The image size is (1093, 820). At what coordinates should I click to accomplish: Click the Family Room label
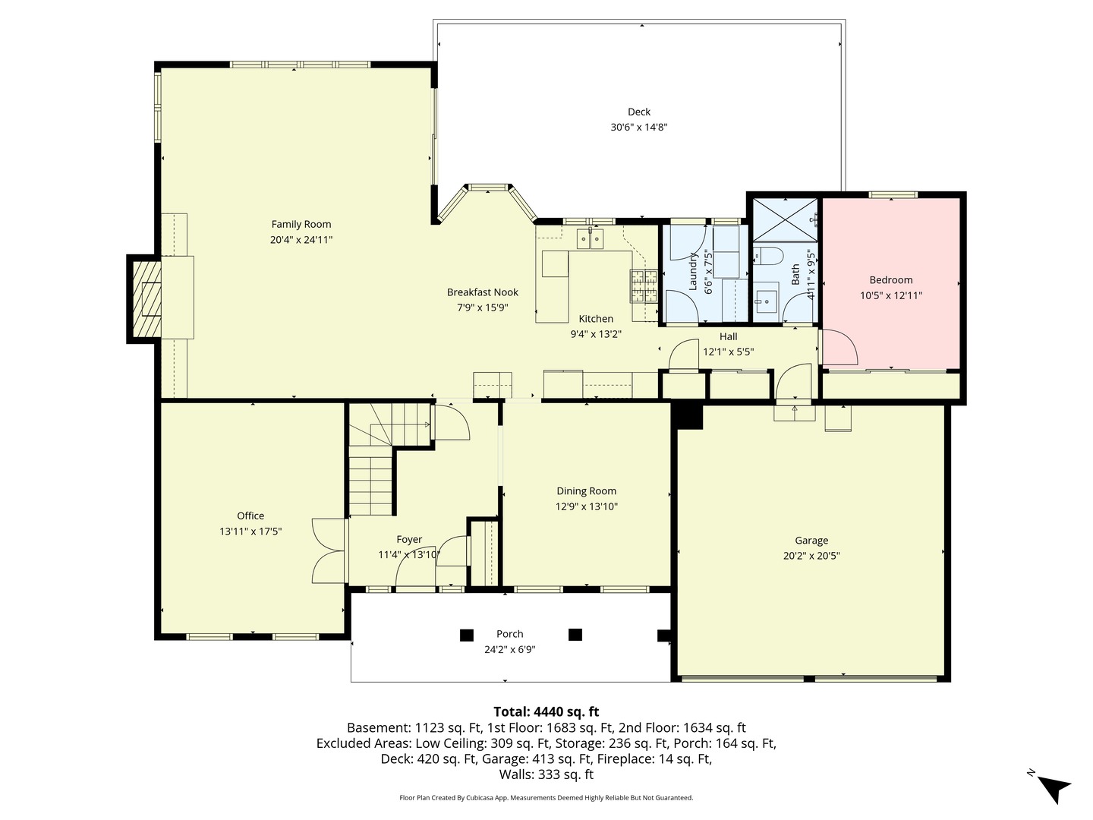click(301, 224)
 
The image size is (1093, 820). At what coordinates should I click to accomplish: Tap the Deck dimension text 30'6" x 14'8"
click(639, 128)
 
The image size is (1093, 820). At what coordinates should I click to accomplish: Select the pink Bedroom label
click(891, 279)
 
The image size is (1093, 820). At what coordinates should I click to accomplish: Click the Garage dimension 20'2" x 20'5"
click(811, 556)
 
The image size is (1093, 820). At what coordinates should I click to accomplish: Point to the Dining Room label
click(586, 491)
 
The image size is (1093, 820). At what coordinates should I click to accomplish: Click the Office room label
click(250, 516)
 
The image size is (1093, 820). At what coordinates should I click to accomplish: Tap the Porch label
click(509, 634)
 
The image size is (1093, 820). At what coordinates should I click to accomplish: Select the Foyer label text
click(409, 540)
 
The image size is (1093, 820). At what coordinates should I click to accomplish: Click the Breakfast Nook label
click(483, 292)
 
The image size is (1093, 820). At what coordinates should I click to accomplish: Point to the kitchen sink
click(590, 240)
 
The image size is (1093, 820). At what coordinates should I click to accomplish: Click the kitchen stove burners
click(644, 285)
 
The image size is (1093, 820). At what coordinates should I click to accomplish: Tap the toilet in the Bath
click(768, 255)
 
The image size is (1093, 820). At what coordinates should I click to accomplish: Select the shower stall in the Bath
click(786, 219)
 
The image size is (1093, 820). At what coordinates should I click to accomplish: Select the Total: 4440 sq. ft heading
click(546, 711)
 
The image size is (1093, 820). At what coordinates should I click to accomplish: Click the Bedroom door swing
click(839, 348)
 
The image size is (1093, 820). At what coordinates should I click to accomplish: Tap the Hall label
click(728, 336)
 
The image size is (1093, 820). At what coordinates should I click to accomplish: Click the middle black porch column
click(575, 635)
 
